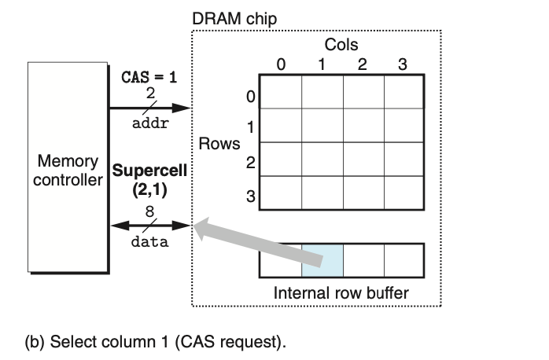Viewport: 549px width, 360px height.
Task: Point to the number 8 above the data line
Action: [149, 211]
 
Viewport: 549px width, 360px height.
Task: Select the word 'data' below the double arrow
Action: [149, 241]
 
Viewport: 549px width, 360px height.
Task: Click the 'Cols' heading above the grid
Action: [341, 46]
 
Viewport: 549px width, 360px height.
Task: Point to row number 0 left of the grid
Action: [251, 98]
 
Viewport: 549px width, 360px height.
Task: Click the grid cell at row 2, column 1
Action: [322, 160]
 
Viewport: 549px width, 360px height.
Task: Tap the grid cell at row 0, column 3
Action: [404, 92]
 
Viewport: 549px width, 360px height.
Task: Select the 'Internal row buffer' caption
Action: [341, 293]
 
